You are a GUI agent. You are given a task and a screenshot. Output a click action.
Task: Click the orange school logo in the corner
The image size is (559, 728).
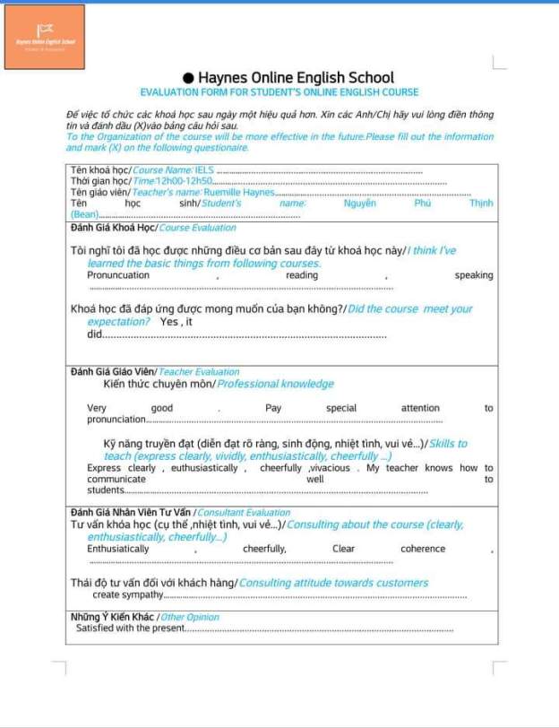click(45, 37)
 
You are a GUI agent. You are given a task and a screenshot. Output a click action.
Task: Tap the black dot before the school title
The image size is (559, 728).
click(188, 78)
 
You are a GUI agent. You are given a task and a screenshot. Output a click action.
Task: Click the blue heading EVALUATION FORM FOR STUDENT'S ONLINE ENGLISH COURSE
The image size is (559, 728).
click(279, 92)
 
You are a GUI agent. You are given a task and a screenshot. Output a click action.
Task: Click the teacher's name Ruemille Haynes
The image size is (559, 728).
click(238, 192)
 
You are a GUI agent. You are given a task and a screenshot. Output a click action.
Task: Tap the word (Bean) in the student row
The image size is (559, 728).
click(84, 214)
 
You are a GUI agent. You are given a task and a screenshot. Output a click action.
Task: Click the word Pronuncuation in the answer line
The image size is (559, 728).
click(118, 275)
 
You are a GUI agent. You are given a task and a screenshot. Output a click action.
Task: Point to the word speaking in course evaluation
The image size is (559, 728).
click(473, 275)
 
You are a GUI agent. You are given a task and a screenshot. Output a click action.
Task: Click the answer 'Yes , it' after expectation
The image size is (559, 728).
click(176, 321)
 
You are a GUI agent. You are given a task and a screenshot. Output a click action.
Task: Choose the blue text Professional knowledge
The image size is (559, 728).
click(275, 384)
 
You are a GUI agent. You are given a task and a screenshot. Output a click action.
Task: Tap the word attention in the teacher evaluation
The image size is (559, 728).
click(420, 408)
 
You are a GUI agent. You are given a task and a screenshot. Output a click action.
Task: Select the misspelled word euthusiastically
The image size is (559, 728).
click(204, 468)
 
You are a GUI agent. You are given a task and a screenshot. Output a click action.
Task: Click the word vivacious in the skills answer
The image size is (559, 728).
click(331, 468)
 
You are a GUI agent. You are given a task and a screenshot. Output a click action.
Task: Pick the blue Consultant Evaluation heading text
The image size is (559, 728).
click(243, 513)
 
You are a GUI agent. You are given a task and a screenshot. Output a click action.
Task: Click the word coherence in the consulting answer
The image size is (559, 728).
click(423, 549)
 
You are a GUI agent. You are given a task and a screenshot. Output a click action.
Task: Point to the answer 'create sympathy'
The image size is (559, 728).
click(127, 594)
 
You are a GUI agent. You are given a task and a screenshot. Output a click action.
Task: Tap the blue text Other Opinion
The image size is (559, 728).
click(190, 617)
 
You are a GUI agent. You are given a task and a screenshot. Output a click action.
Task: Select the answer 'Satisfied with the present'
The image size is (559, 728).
click(130, 628)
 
